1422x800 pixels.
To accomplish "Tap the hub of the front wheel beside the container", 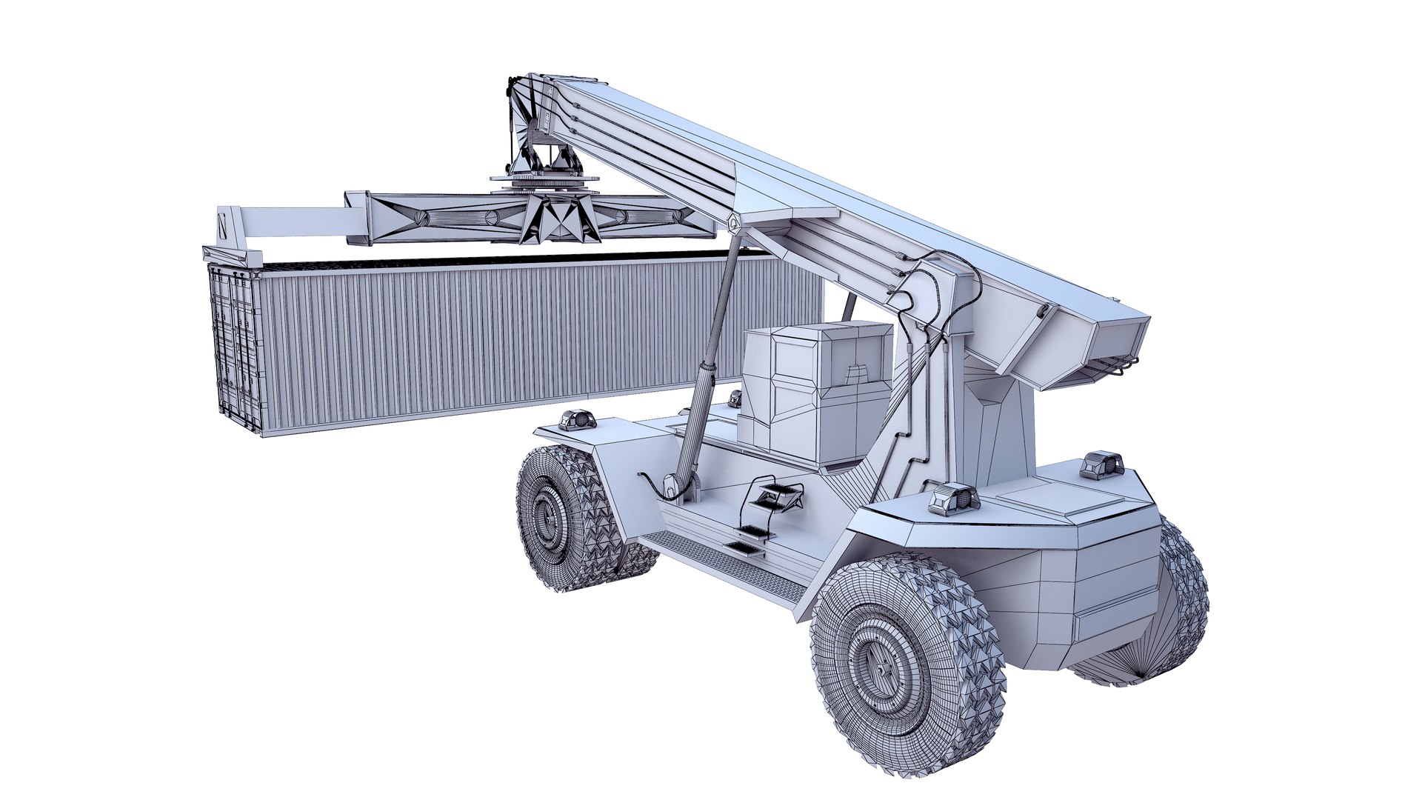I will click(548, 519).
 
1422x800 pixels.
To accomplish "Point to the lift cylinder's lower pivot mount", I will click(677, 484).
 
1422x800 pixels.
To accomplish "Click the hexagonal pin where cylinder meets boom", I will click(733, 221).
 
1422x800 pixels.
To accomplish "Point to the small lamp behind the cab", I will click(735, 399).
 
